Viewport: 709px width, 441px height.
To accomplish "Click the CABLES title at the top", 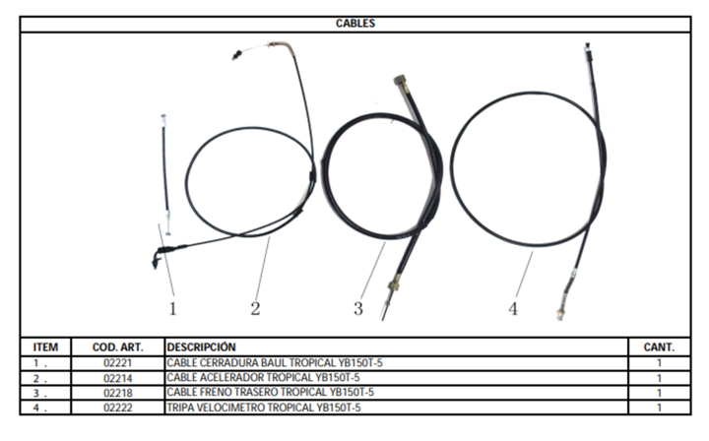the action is point(355,24).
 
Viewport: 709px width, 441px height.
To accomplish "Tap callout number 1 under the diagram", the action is point(172,309).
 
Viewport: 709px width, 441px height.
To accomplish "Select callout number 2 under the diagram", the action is point(255,309).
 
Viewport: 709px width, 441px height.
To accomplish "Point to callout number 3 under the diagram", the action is point(358,309).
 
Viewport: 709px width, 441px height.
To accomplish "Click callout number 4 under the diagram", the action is point(513,309).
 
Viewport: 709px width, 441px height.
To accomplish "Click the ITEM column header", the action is point(45,347).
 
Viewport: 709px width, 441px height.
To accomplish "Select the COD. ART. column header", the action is point(117,347).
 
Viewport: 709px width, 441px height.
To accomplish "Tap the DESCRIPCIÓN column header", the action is point(201,347).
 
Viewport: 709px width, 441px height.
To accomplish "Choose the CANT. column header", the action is point(659,347).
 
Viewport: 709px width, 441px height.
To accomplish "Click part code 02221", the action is point(117,363).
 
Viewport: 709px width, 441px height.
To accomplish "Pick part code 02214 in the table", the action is point(117,378).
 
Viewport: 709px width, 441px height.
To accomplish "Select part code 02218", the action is point(117,393).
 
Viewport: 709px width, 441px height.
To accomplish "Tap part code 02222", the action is point(117,408).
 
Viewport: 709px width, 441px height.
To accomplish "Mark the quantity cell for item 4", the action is point(659,408).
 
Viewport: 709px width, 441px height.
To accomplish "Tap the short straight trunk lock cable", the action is point(165,174).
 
